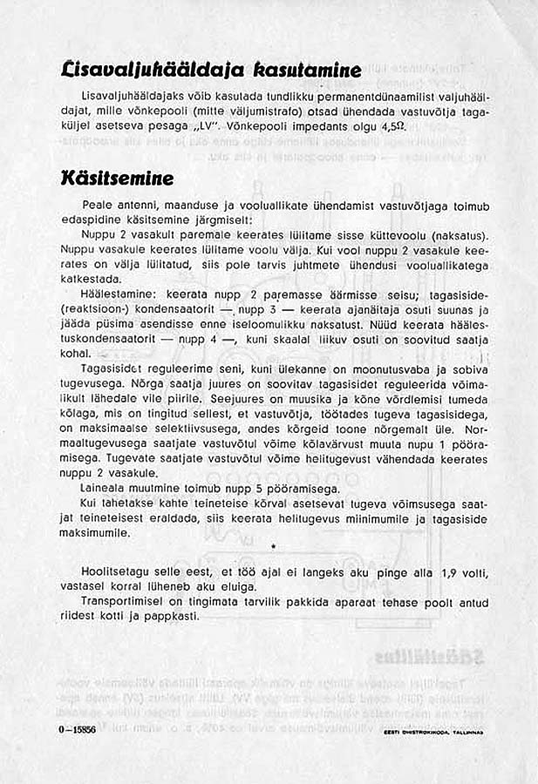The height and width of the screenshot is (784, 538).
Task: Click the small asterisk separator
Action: [274, 547]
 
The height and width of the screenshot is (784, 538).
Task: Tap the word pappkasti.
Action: [175, 615]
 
